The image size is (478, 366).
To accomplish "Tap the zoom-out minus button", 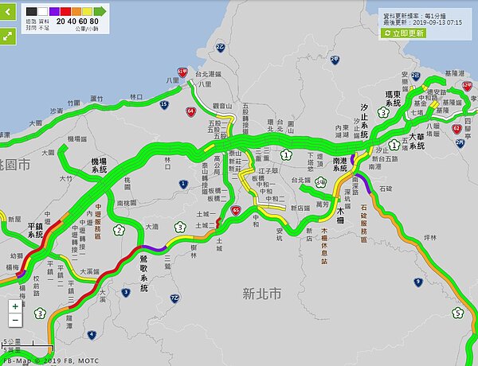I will pyautogui.click(x=15, y=320).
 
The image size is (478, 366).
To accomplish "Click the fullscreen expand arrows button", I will pyautogui.click(x=7, y=36).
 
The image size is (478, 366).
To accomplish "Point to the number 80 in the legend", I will pyautogui.click(x=94, y=21).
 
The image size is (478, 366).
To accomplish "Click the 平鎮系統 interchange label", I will pyautogui.click(x=35, y=230).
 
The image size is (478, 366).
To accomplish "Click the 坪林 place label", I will pyautogui.click(x=429, y=237).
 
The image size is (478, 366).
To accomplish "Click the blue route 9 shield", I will pyautogui.click(x=417, y=282).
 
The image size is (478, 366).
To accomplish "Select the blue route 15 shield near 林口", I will pyautogui.click(x=163, y=103).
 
